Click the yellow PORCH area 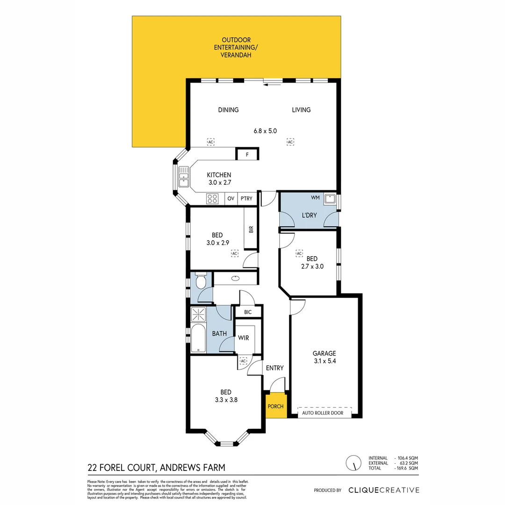pos(275,406)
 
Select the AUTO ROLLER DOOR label pos(323,413)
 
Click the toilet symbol pos(201,281)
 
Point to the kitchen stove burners pos(212,198)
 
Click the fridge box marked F pos(246,154)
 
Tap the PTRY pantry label pos(246,198)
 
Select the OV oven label pos(231,198)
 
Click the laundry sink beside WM pos(330,198)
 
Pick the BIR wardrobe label pos(251,229)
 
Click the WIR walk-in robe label pos(243,338)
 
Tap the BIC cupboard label pos(248,312)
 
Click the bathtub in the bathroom pos(198,338)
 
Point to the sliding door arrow pos(273,85)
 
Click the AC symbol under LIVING pos(290,142)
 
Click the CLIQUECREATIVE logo pos(384,490)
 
